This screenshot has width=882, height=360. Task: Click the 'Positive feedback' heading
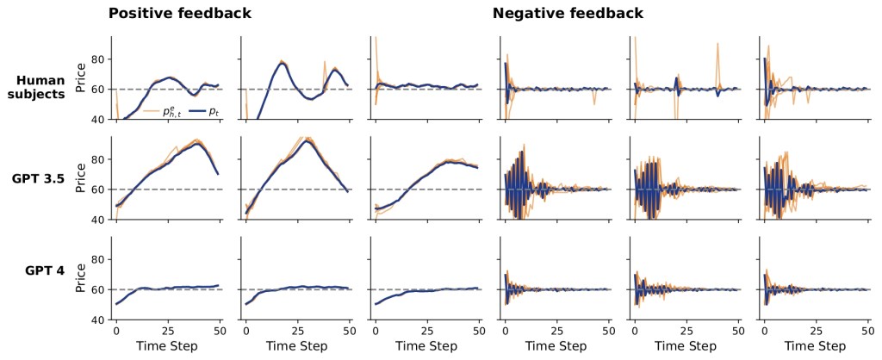[x=179, y=14]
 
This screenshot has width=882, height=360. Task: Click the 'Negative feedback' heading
[x=568, y=14]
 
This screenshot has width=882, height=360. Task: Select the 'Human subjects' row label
[x=40, y=87]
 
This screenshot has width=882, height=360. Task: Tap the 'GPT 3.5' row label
[x=40, y=179]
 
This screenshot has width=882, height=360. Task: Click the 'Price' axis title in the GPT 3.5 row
[x=82, y=174]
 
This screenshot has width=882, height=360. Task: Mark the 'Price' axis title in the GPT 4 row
[x=82, y=274]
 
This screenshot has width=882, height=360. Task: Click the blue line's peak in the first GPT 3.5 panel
[x=198, y=143]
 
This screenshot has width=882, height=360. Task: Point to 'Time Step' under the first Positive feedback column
[x=167, y=346]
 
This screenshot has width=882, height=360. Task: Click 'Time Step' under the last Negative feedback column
[x=814, y=346]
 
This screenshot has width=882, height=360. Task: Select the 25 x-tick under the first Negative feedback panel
[x=557, y=330]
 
